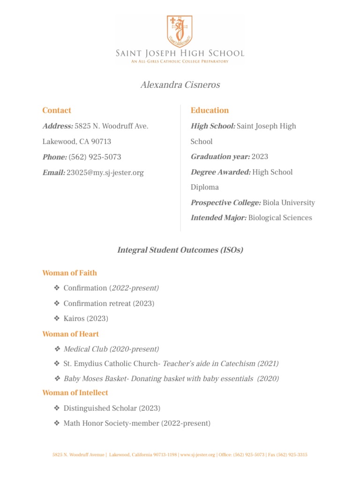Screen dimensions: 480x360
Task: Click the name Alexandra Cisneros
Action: click(180, 85)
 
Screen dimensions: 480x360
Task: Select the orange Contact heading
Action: click(57, 111)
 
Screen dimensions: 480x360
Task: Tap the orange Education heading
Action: click(210, 111)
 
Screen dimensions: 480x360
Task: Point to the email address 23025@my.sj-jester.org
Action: click(105, 172)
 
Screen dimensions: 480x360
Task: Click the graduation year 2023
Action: click(260, 157)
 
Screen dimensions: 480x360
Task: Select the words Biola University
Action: click(289, 203)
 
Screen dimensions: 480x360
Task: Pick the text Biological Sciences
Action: click(280, 218)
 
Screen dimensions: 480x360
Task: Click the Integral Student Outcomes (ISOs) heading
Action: click(180, 250)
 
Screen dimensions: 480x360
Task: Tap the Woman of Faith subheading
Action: click(69, 273)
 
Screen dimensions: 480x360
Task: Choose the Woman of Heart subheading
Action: click(70, 334)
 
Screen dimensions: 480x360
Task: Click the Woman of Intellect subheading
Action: click(75, 393)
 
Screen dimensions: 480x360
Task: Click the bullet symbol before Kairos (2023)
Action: click(57, 319)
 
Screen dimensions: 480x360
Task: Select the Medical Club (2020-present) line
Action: click(111, 349)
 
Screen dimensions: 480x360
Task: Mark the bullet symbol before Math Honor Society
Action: click(57, 424)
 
